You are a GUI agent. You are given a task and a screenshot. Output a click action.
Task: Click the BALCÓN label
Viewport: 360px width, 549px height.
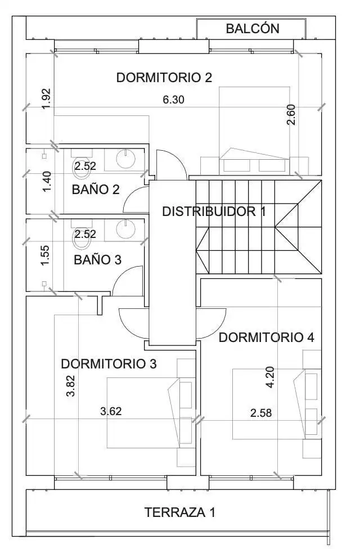tap(253, 29)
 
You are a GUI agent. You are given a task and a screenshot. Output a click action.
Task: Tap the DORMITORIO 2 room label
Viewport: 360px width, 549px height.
tap(164, 78)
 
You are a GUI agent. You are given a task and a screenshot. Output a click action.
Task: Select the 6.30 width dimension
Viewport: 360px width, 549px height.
tap(173, 100)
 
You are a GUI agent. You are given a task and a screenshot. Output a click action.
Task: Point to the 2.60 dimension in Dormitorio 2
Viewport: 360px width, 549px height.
tap(291, 115)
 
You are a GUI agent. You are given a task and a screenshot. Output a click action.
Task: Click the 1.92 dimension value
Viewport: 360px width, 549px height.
tap(46, 99)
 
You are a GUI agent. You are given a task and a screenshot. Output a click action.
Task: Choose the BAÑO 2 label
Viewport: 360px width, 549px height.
tap(96, 190)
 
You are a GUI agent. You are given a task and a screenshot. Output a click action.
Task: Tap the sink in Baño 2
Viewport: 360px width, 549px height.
tap(125, 159)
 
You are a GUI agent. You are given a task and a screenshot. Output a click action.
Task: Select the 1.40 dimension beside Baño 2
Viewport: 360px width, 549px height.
tap(47, 181)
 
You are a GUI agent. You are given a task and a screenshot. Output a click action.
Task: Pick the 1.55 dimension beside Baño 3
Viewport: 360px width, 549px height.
tap(45, 255)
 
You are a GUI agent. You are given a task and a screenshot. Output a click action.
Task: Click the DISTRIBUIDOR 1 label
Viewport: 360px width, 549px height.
tap(214, 211)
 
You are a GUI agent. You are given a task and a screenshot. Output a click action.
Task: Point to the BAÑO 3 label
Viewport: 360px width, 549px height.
tap(98, 260)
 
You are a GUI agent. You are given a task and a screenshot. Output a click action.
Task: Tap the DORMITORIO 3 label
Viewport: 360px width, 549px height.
tap(109, 364)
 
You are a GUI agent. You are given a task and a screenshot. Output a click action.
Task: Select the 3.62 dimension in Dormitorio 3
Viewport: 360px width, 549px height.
tap(111, 411)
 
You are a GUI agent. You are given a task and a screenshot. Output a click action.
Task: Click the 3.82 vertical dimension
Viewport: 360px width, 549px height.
tap(71, 385)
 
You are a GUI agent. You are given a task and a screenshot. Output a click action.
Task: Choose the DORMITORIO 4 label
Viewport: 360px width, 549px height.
tap(266, 337)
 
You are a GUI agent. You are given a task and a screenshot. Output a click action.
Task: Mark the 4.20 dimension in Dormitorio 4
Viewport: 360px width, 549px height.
tap(270, 377)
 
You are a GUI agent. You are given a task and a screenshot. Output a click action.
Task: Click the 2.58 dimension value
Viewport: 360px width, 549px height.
tap(261, 413)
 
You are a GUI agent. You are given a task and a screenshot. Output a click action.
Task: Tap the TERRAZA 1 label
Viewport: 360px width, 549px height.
tap(180, 512)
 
